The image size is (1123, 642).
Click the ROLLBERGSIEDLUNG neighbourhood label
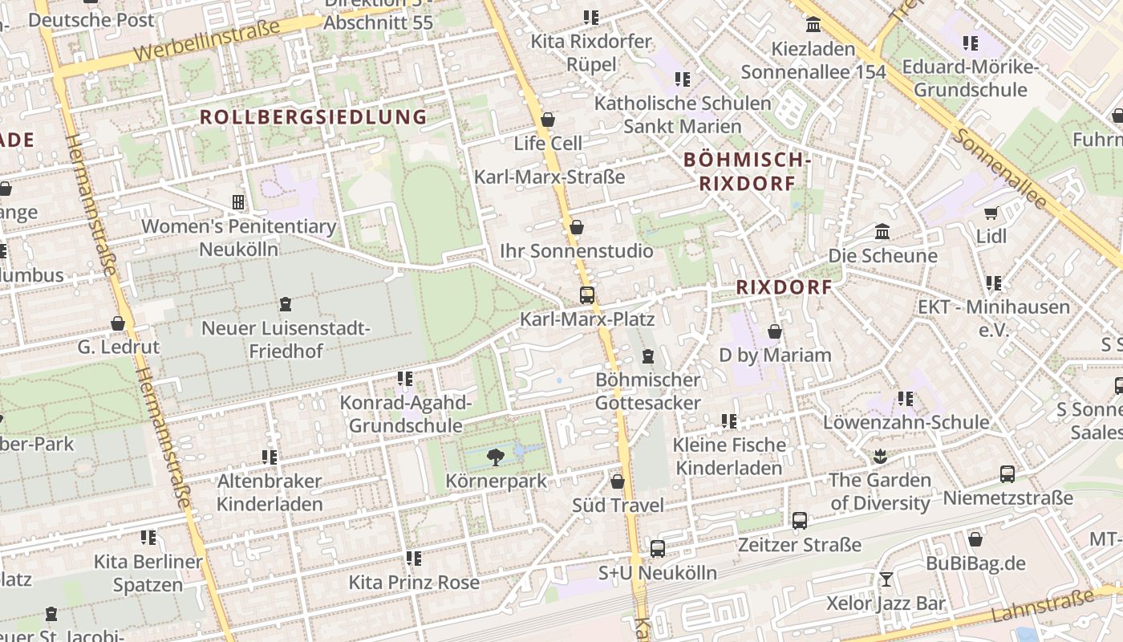(314, 117)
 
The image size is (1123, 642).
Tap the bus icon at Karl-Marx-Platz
(587, 295)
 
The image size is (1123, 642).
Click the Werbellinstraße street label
(207, 40)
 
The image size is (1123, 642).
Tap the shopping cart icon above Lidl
(991, 213)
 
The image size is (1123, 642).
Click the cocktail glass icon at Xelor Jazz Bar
(886, 579)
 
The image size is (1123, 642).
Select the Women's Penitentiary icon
(237, 201)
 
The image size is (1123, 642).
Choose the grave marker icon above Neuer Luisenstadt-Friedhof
(285, 304)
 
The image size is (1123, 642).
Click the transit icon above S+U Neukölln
(658, 549)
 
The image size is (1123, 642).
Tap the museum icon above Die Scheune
(882, 232)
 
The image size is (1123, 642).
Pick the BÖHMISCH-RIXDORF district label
(747, 172)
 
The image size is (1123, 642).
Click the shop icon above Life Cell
(548, 120)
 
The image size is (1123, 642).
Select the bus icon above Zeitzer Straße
(800, 521)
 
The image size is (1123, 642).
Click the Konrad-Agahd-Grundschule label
(405, 414)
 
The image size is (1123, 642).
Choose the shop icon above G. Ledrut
(118, 323)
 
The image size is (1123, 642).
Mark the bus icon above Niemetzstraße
(1007, 474)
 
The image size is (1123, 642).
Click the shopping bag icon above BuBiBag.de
(975, 539)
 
